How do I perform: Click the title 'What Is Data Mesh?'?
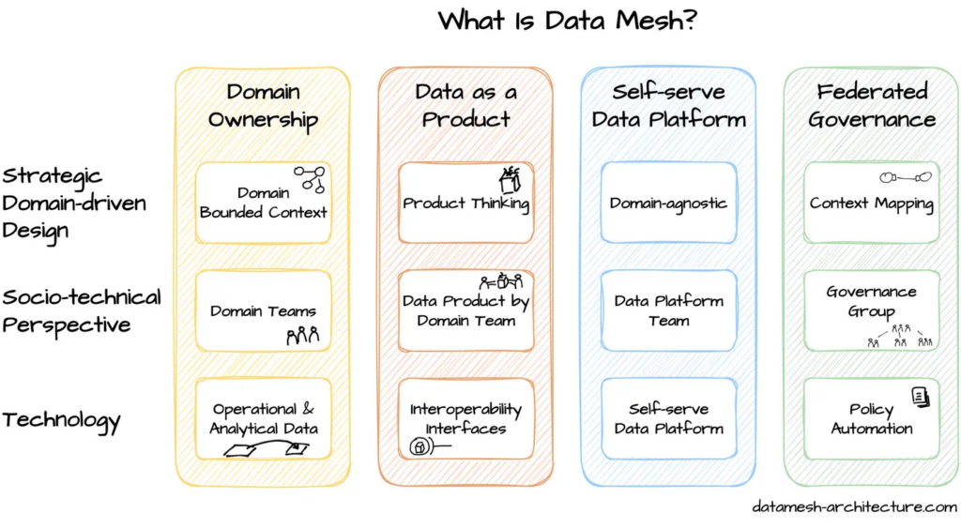pyautogui.click(x=567, y=21)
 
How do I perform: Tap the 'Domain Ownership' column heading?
pyautogui.click(x=263, y=105)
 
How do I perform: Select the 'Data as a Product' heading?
pyautogui.click(x=465, y=105)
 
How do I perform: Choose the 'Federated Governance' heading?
pyautogui.click(x=872, y=105)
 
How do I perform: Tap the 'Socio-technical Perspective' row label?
pyautogui.click(x=81, y=310)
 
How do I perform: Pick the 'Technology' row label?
pyautogui.click(x=61, y=419)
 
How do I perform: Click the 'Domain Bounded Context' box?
pyautogui.click(x=263, y=204)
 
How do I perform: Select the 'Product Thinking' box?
pyautogui.click(x=465, y=204)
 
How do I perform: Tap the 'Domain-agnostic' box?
pyautogui.click(x=668, y=204)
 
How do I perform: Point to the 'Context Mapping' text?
pyautogui.click(x=872, y=204)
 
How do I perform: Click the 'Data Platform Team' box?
pyautogui.click(x=668, y=310)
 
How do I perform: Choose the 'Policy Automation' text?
pyautogui.click(x=872, y=419)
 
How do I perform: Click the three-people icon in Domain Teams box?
pyautogui.click(x=303, y=335)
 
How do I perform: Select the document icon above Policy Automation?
pyautogui.click(x=920, y=398)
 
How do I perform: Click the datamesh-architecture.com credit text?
pyautogui.click(x=854, y=506)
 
